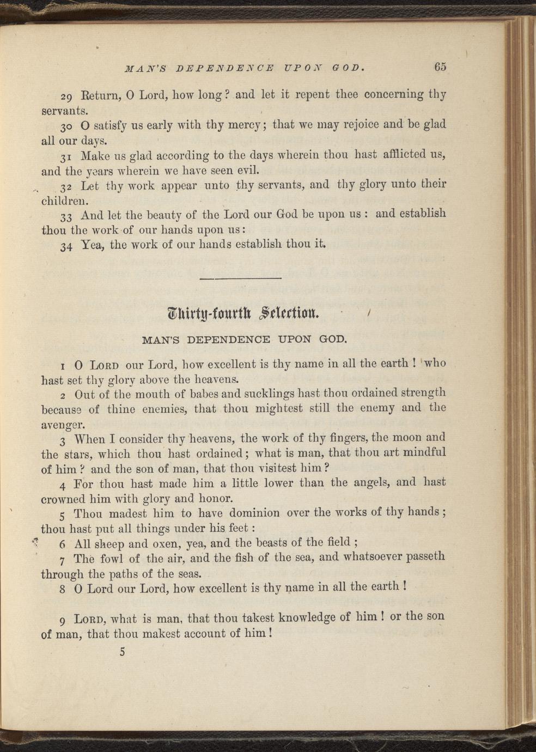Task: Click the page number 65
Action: pyautogui.click(x=440, y=66)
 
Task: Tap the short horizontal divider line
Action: pyautogui.click(x=240, y=279)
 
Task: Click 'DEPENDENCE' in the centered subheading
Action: pyautogui.click(x=228, y=339)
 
